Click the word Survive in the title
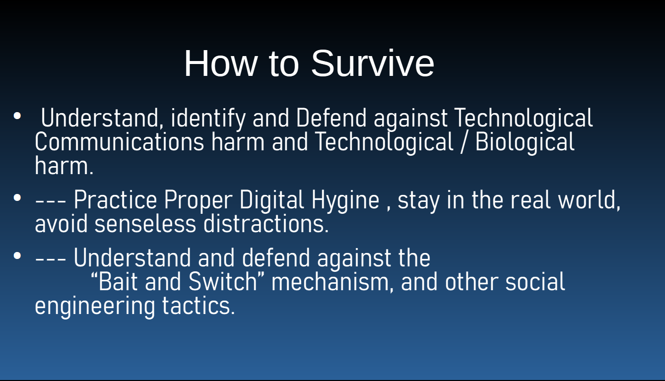tap(373, 63)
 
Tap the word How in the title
tap(220, 63)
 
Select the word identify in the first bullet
tap(208, 119)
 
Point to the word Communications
tap(120, 142)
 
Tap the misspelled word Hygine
tap(345, 200)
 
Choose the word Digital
tap(272, 200)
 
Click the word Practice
tap(116, 200)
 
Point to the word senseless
tap(145, 224)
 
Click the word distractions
tap(266, 223)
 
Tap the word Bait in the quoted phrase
tap(118, 281)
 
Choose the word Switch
tap(223, 281)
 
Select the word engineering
tap(95, 307)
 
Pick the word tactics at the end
tap(199, 306)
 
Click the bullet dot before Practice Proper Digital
tap(17, 198)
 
